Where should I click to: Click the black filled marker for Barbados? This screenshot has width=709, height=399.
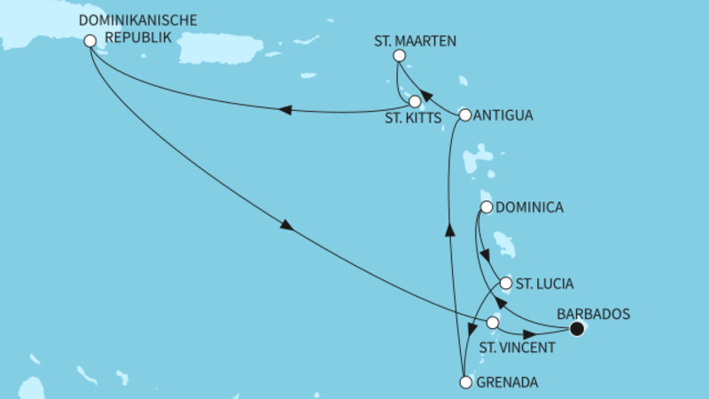[x=577, y=330]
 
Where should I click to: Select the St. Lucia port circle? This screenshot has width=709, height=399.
[x=506, y=284]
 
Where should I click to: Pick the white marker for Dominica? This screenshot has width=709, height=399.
[x=486, y=208]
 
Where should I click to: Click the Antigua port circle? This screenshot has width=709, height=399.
[x=464, y=114]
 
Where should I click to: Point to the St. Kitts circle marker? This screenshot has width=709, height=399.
[x=415, y=101]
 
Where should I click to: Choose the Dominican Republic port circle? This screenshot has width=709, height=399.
[x=90, y=40]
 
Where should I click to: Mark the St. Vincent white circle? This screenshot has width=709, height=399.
[x=493, y=324]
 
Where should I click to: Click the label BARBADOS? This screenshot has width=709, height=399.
[x=592, y=313]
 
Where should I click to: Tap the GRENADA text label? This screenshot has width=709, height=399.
[x=508, y=383]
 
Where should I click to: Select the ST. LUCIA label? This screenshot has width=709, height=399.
[x=544, y=285]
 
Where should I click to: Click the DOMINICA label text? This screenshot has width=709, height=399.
[x=530, y=208]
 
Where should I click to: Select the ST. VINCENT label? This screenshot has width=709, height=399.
[x=518, y=348]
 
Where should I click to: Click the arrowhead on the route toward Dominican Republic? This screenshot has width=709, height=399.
[x=285, y=110]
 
